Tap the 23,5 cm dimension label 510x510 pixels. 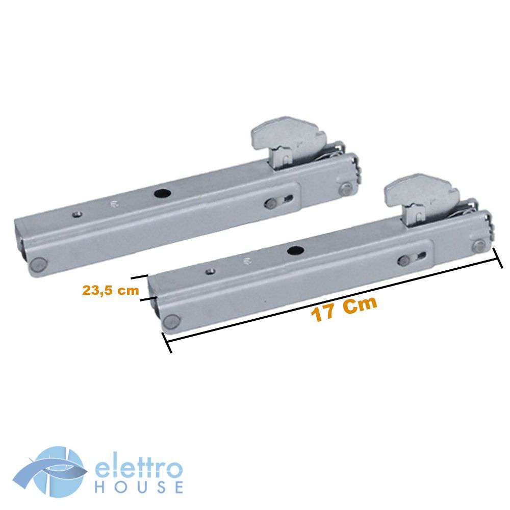[x=111, y=290]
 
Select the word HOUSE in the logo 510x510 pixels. [x=139, y=487]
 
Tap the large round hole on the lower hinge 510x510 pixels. [x=295, y=250]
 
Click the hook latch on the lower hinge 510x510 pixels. [x=422, y=198]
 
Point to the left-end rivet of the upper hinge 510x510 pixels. [x=38, y=264]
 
